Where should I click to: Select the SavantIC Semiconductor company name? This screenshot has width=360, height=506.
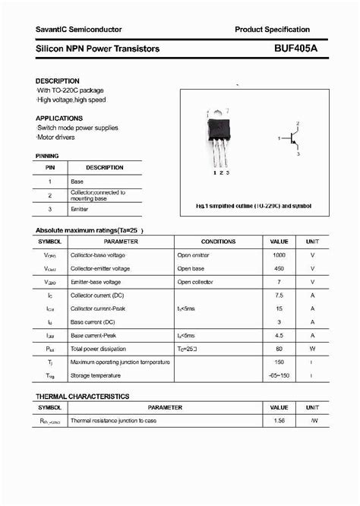click(x=78, y=29)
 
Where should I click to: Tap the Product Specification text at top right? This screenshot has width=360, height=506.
click(x=272, y=29)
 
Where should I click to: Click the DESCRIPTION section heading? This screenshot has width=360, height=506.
click(x=57, y=81)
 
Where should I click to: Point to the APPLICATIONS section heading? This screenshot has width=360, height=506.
click(x=59, y=119)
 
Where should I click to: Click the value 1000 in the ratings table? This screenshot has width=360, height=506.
click(x=279, y=255)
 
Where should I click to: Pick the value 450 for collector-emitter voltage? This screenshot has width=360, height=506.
click(x=279, y=268)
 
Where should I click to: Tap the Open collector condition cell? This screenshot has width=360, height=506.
click(x=196, y=282)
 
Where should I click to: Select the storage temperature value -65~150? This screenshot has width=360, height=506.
click(x=279, y=375)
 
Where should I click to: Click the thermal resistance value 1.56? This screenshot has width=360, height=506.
click(x=279, y=420)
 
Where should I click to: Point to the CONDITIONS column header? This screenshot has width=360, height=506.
click(x=218, y=241)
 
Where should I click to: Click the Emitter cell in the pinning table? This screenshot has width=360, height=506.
click(x=80, y=209)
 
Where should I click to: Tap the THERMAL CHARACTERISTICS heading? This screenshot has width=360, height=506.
click(x=83, y=397)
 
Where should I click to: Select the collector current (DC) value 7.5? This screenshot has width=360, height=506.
click(x=279, y=295)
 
